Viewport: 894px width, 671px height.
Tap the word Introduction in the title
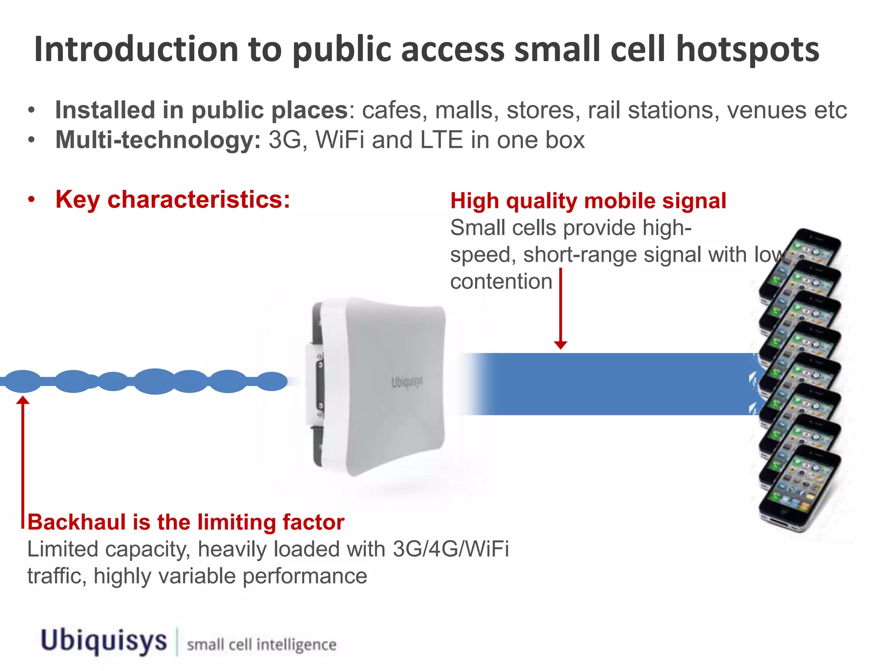pos(136,49)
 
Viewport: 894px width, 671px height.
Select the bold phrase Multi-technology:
pos(158,140)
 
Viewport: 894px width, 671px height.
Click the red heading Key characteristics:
pos(173,200)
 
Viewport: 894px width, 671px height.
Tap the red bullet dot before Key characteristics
pos(31,200)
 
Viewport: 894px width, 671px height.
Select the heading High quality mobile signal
pos(588,201)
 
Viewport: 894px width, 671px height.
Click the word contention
pos(501,281)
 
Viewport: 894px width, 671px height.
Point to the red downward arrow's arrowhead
pos(560,345)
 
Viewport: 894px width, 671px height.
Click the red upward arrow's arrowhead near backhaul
pos(23,400)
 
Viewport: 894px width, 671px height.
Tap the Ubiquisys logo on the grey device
pos(407,382)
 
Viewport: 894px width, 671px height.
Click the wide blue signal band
pos(611,384)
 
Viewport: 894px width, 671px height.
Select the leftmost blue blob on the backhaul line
pos(23,381)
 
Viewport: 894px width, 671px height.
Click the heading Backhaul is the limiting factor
pos(186,522)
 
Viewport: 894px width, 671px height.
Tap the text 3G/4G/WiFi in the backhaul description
pos(450,549)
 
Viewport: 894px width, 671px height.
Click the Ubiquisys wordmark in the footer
pos(104,641)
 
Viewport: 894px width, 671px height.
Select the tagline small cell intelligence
pos(261,645)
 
